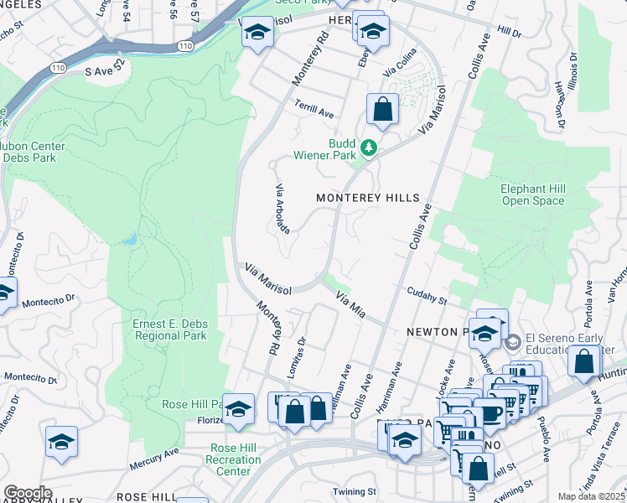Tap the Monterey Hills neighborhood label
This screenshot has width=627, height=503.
tap(367, 198)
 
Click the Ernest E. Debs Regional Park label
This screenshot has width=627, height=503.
tap(169, 329)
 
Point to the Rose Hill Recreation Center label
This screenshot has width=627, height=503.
tap(235, 459)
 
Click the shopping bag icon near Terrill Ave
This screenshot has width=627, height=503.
tap(382, 110)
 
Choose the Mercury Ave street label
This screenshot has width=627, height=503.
tap(154, 458)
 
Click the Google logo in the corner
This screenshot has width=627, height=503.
tap(28, 493)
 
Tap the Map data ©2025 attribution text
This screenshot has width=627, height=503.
tap(591, 496)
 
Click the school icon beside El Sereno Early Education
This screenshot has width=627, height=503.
tap(512, 342)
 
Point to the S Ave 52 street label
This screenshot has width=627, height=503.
tap(105, 73)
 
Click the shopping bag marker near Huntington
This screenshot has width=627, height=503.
tap(584, 362)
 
